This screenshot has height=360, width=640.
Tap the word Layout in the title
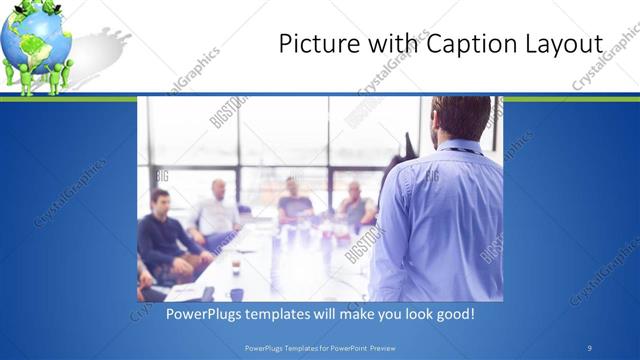click(x=563, y=45)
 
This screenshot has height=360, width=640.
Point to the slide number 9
click(x=590, y=348)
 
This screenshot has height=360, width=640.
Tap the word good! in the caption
click(x=452, y=314)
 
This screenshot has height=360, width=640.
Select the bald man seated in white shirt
click(x=217, y=210)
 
